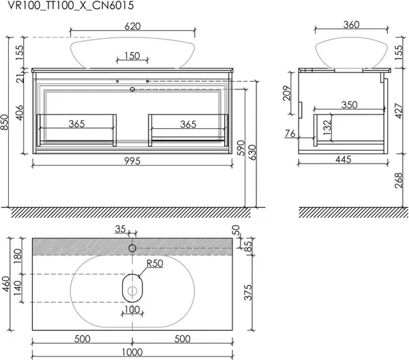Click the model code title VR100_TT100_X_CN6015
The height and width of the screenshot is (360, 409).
[x=71, y=5]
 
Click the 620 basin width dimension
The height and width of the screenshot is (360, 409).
[x=132, y=27]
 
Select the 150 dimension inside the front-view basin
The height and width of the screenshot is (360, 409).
[x=132, y=56]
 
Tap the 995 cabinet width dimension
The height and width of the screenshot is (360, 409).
[x=132, y=161]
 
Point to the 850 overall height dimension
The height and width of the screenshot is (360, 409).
[x=5, y=122]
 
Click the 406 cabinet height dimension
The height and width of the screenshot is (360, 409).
[x=20, y=112]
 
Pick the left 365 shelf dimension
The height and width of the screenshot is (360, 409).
[x=76, y=123]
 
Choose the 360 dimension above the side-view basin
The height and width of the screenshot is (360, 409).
[x=351, y=25]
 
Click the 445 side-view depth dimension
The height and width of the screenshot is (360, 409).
[x=344, y=160]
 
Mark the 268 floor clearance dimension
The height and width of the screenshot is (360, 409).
[x=399, y=180]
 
